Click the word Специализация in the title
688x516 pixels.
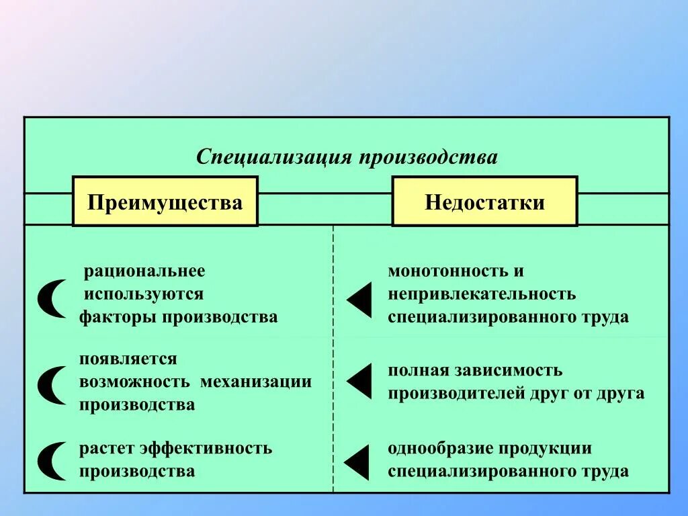click(274, 158)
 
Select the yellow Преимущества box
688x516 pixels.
click(165, 202)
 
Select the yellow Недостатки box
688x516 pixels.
click(484, 202)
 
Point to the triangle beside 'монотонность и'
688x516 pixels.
click(359, 300)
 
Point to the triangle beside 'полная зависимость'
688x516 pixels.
click(359, 381)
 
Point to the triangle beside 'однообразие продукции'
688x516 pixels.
click(357, 462)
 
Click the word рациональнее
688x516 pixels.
click(144, 271)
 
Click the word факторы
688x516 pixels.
click(118, 316)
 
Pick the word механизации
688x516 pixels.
click(255, 382)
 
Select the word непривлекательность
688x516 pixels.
click(482, 294)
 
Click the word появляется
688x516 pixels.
click(128, 359)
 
